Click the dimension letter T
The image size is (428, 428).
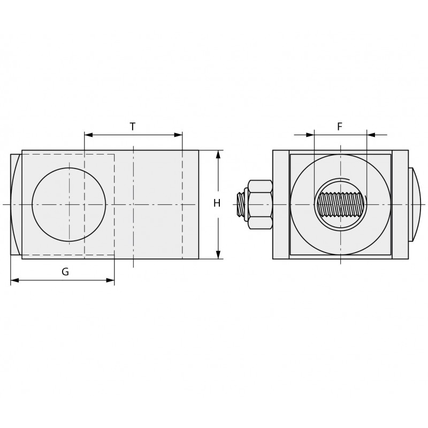[132, 127]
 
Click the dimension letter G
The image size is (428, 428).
[65, 272]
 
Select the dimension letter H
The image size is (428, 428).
[217, 203]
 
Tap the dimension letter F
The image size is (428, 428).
[340, 127]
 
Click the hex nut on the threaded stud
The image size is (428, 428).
[260, 204]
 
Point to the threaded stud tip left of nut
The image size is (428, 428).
[240, 204]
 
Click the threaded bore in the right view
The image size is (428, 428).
[341, 204]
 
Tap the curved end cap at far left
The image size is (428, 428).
[16, 204]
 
